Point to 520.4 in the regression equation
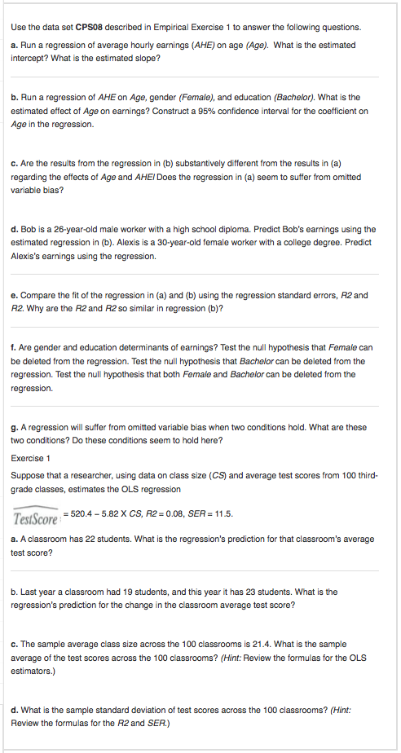pyautogui.click(x=84, y=513)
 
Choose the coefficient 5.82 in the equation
pyautogui.click(x=113, y=513)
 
